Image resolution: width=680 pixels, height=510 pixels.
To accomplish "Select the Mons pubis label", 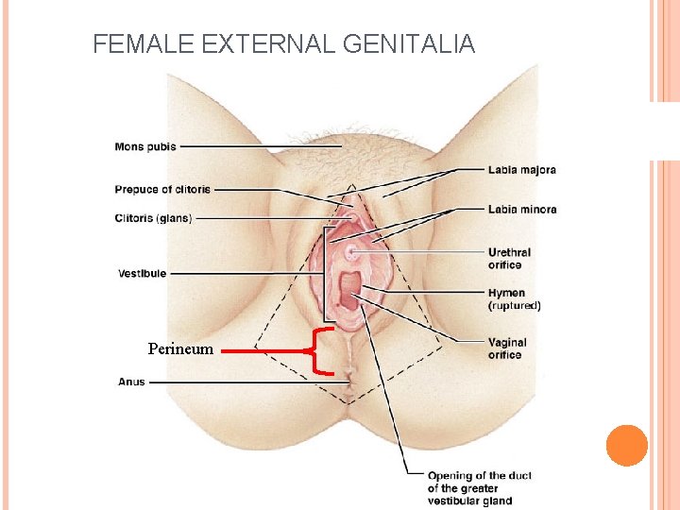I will point(145,146).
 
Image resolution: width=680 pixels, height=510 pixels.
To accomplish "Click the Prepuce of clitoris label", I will point(162,190).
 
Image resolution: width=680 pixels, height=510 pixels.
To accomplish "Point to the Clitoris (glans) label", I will point(153,218).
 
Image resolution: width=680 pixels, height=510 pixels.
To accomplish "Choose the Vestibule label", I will point(142,274).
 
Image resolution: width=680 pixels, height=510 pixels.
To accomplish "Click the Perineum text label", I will point(181,349).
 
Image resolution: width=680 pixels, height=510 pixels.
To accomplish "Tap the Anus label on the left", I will point(131,382).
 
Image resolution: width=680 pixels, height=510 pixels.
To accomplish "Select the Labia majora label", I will point(521,170).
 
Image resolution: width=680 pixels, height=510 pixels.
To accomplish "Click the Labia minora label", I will point(521,209).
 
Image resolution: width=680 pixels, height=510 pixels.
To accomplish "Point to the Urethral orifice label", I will point(509,259).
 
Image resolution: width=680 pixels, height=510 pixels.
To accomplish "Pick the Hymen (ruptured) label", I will point(514,299).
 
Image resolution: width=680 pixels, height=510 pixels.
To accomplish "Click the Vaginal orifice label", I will point(507,348).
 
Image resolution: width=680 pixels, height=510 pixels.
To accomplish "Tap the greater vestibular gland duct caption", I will point(479,488).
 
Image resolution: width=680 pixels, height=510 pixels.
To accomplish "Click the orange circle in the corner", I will point(626,445).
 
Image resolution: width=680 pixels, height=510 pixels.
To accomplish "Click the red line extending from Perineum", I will point(264,350).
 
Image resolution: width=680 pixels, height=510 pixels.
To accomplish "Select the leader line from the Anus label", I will point(246,382).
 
